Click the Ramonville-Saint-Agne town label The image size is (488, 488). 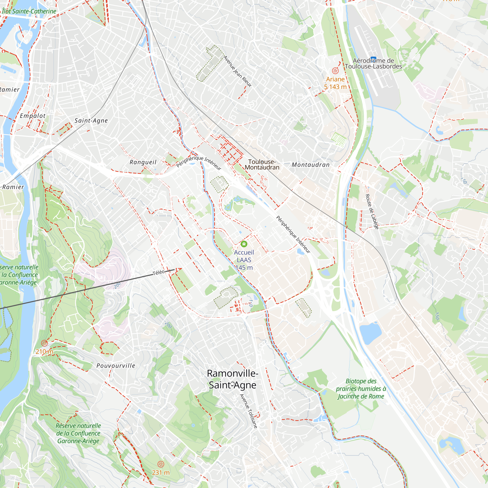coord(232,379)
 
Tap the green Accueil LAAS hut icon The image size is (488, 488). coord(244,244)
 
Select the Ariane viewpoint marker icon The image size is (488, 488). coord(335,71)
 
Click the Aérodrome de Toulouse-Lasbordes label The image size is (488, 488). coord(373,63)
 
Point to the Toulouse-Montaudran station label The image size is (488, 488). coord(262,164)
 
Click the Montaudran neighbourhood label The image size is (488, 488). coord(311,165)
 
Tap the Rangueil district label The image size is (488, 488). coord(143,162)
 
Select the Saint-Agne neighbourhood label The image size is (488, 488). coord(91,121)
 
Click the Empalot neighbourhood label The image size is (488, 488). coord(33,116)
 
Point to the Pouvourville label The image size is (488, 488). coord(116,366)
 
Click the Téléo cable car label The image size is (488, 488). coord(159,273)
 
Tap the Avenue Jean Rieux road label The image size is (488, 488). coord(237,71)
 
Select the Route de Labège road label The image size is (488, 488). coord(372,212)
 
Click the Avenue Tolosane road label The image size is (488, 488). coord(249,411)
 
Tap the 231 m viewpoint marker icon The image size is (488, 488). coord(161,464)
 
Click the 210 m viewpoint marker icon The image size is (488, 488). coord(44,343)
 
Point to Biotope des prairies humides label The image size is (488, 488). coord(361,389)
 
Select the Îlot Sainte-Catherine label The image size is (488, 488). coord(29,11)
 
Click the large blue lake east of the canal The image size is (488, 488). coord(370,333)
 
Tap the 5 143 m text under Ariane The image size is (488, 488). coord(335,87)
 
